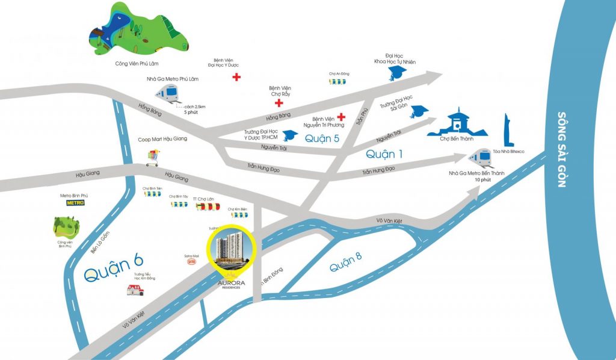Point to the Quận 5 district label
tap(322, 138)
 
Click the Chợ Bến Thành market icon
tap(458, 124)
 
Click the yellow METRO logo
tap(75, 203)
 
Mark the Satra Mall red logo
tap(192, 261)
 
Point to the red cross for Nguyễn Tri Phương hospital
tap(341, 116)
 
